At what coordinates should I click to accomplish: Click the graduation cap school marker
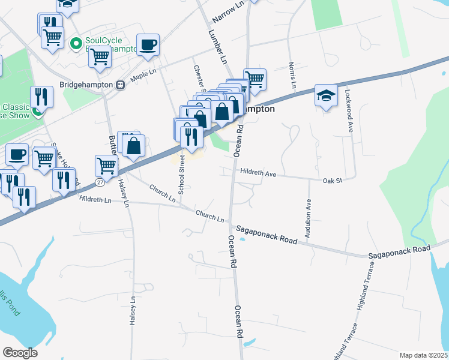[326, 97]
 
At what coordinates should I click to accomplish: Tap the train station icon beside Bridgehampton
[120, 85]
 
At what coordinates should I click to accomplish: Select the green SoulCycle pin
[76, 43]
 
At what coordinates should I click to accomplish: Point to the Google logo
[20, 352]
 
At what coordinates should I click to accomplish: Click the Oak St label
[331, 180]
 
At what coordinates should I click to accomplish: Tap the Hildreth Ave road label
[258, 173]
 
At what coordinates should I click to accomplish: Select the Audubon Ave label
[308, 219]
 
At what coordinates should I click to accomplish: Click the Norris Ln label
[292, 76]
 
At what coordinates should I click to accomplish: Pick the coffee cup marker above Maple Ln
[148, 44]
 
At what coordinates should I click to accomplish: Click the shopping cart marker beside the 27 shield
[106, 165]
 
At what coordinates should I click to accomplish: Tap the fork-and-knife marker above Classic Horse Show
[41, 96]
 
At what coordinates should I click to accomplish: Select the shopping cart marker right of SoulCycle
[100, 56]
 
